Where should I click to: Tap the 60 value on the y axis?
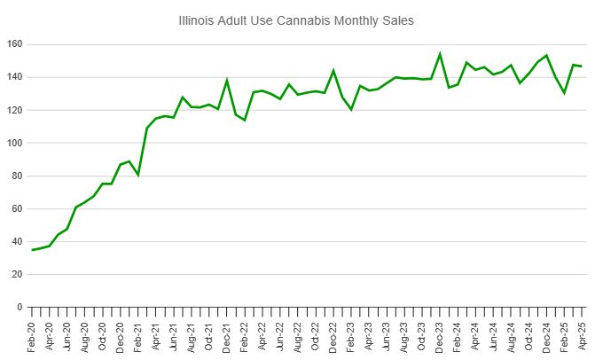click(x=16, y=208)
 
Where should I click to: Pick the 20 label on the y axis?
click(x=16, y=274)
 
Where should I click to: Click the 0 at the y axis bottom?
click(x=19, y=307)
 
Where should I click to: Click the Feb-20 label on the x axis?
click(x=33, y=336)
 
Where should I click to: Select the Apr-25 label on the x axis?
click(x=582, y=336)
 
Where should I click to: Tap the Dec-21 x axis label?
click(x=227, y=336)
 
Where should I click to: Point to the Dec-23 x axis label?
click(x=440, y=336)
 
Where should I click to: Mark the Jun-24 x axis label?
click(x=493, y=336)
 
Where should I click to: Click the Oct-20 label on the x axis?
click(x=103, y=336)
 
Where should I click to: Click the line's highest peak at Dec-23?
click(x=440, y=54)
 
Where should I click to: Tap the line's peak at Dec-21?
click(x=227, y=81)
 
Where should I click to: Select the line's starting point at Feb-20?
click(x=33, y=250)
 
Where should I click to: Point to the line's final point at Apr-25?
click(x=581, y=66)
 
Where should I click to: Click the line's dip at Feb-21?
click(x=138, y=175)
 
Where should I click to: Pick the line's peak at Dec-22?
click(x=333, y=70)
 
